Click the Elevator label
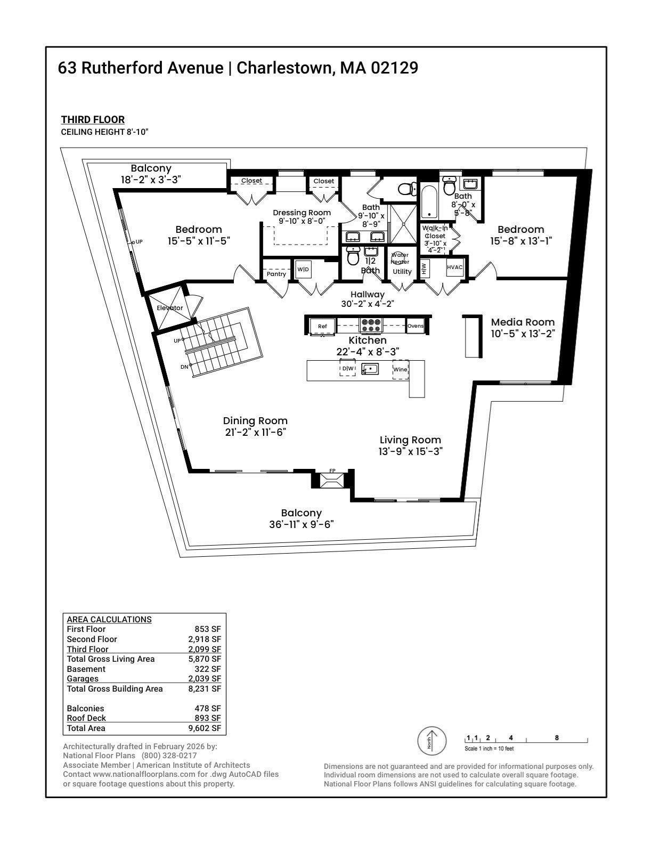pyautogui.click(x=170, y=308)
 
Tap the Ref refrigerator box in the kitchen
pyautogui.click(x=322, y=326)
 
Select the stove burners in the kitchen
pyautogui.click(x=370, y=325)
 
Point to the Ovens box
pyautogui.click(x=415, y=326)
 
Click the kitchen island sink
pyautogui.click(x=370, y=369)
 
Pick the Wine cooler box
pyautogui.click(x=401, y=369)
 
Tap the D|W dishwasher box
pyautogui.click(x=347, y=368)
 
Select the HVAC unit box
pyautogui.click(x=455, y=267)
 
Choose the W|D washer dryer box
pyautogui.click(x=303, y=269)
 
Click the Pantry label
pyautogui.click(x=276, y=274)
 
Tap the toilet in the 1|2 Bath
pyautogui.click(x=354, y=257)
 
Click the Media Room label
pyautogui.click(x=523, y=322)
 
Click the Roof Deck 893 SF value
pyautogui.click(x=208, y=718)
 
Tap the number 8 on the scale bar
pyautogui.click(x=557, y=737)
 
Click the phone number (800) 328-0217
pyautogui.click(x=169, y=756)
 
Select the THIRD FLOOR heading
pyautogui.click(x=93, y=120)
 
